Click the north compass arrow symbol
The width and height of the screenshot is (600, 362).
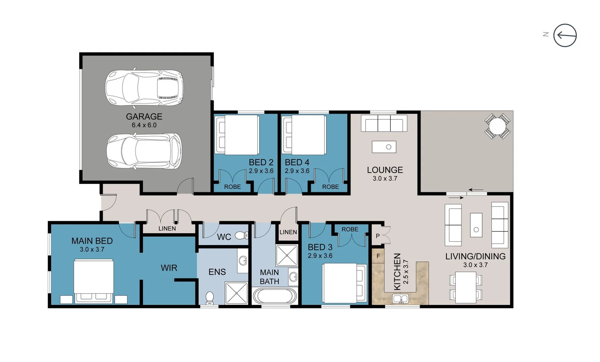click(565, 35)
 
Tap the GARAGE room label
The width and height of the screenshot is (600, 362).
click(144, 117)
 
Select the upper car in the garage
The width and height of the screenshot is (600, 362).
click(144, 88)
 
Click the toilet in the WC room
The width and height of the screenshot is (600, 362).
click(241, 235)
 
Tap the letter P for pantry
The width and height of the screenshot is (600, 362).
click(378, 236)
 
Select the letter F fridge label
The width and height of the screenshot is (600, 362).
click(378, 256)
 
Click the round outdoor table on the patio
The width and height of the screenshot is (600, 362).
click(497, 126)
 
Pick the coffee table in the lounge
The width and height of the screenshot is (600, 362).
click(384, 147)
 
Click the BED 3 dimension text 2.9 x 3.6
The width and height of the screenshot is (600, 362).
click(320, 256)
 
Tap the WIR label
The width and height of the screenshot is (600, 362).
click(169, 268)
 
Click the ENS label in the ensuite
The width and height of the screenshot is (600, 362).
click(217, 272)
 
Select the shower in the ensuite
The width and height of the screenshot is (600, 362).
click(236, 293)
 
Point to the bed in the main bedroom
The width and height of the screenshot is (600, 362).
click(94, 281)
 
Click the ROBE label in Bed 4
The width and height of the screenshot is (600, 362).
click(330, 187)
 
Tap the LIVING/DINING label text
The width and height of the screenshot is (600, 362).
click(475, 256)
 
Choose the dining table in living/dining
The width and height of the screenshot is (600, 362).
click(466, 287)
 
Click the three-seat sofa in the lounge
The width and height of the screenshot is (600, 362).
click(384, 123)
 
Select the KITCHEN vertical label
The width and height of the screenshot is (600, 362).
click(397, 271)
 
